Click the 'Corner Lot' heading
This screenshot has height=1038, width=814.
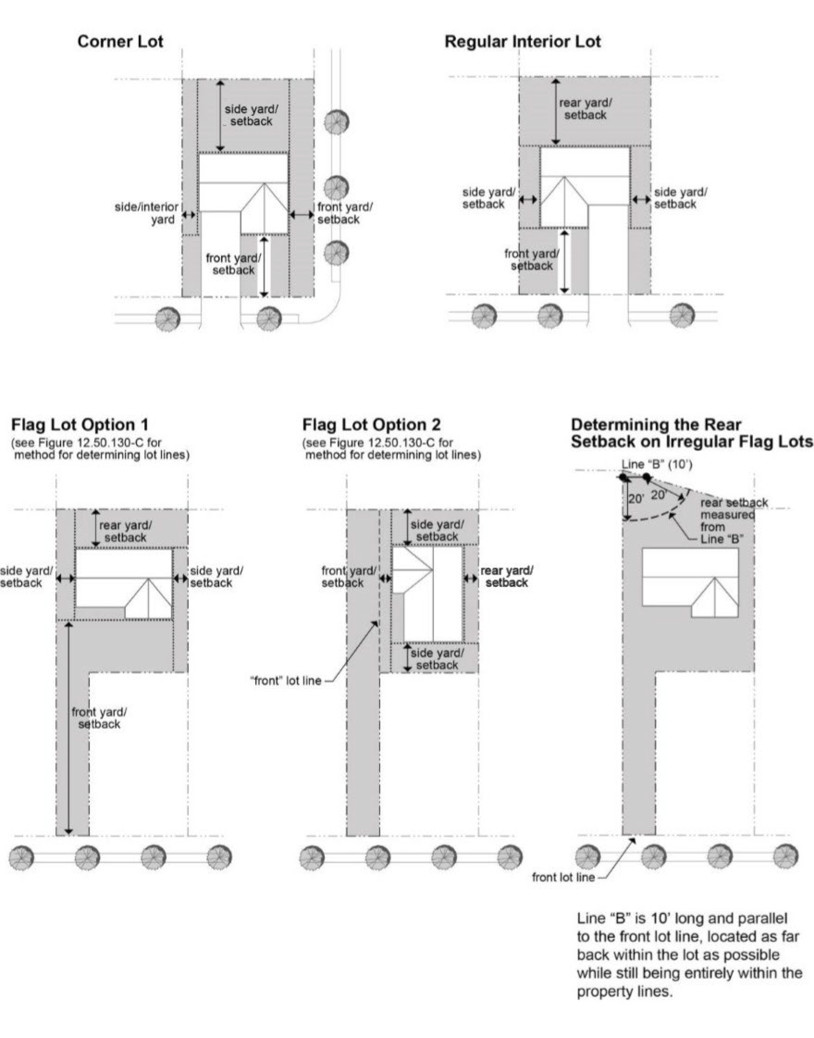120,42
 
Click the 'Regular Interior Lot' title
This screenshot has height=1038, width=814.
522,42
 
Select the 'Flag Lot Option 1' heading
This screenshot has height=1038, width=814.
80,424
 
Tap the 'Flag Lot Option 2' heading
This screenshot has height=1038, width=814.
372,424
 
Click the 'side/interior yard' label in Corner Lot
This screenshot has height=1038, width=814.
147,213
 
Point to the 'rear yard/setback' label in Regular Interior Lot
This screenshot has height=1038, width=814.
585,109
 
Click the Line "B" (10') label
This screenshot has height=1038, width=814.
656,464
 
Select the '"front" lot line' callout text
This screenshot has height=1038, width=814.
286,681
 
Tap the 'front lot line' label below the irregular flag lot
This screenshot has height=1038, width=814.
563,877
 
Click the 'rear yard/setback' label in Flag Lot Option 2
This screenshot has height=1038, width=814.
507,577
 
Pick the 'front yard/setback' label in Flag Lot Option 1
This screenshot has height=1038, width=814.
99,718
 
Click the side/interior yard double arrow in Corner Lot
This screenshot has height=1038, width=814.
189,215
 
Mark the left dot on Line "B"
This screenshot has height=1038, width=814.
623,477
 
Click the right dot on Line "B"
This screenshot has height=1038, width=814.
646,477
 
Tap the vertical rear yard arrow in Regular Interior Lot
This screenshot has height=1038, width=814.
555,111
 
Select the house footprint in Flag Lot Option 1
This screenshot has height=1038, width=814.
124,584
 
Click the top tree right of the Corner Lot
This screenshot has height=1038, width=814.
336,122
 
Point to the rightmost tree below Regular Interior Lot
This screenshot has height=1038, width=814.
682,316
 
